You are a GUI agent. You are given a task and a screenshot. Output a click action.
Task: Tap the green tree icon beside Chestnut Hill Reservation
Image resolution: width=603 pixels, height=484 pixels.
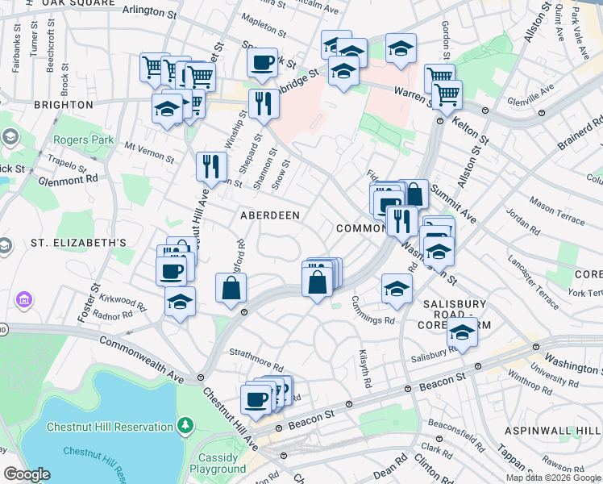point(185,423)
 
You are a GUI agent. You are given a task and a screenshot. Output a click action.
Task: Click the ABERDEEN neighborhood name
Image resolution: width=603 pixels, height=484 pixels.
point(270,215)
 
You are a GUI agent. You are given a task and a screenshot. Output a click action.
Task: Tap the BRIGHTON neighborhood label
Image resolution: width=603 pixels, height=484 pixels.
point(63,105)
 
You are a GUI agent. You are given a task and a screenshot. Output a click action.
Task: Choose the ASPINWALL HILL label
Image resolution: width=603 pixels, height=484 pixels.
point(552,432)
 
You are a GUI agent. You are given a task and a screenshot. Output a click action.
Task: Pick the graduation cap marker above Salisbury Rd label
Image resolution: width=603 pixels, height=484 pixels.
point(463,331)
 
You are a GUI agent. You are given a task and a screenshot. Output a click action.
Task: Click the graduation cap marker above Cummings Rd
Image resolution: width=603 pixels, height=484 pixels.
point(397,288)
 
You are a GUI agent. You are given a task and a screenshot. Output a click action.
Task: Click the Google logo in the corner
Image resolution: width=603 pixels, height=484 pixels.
point(27,474)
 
